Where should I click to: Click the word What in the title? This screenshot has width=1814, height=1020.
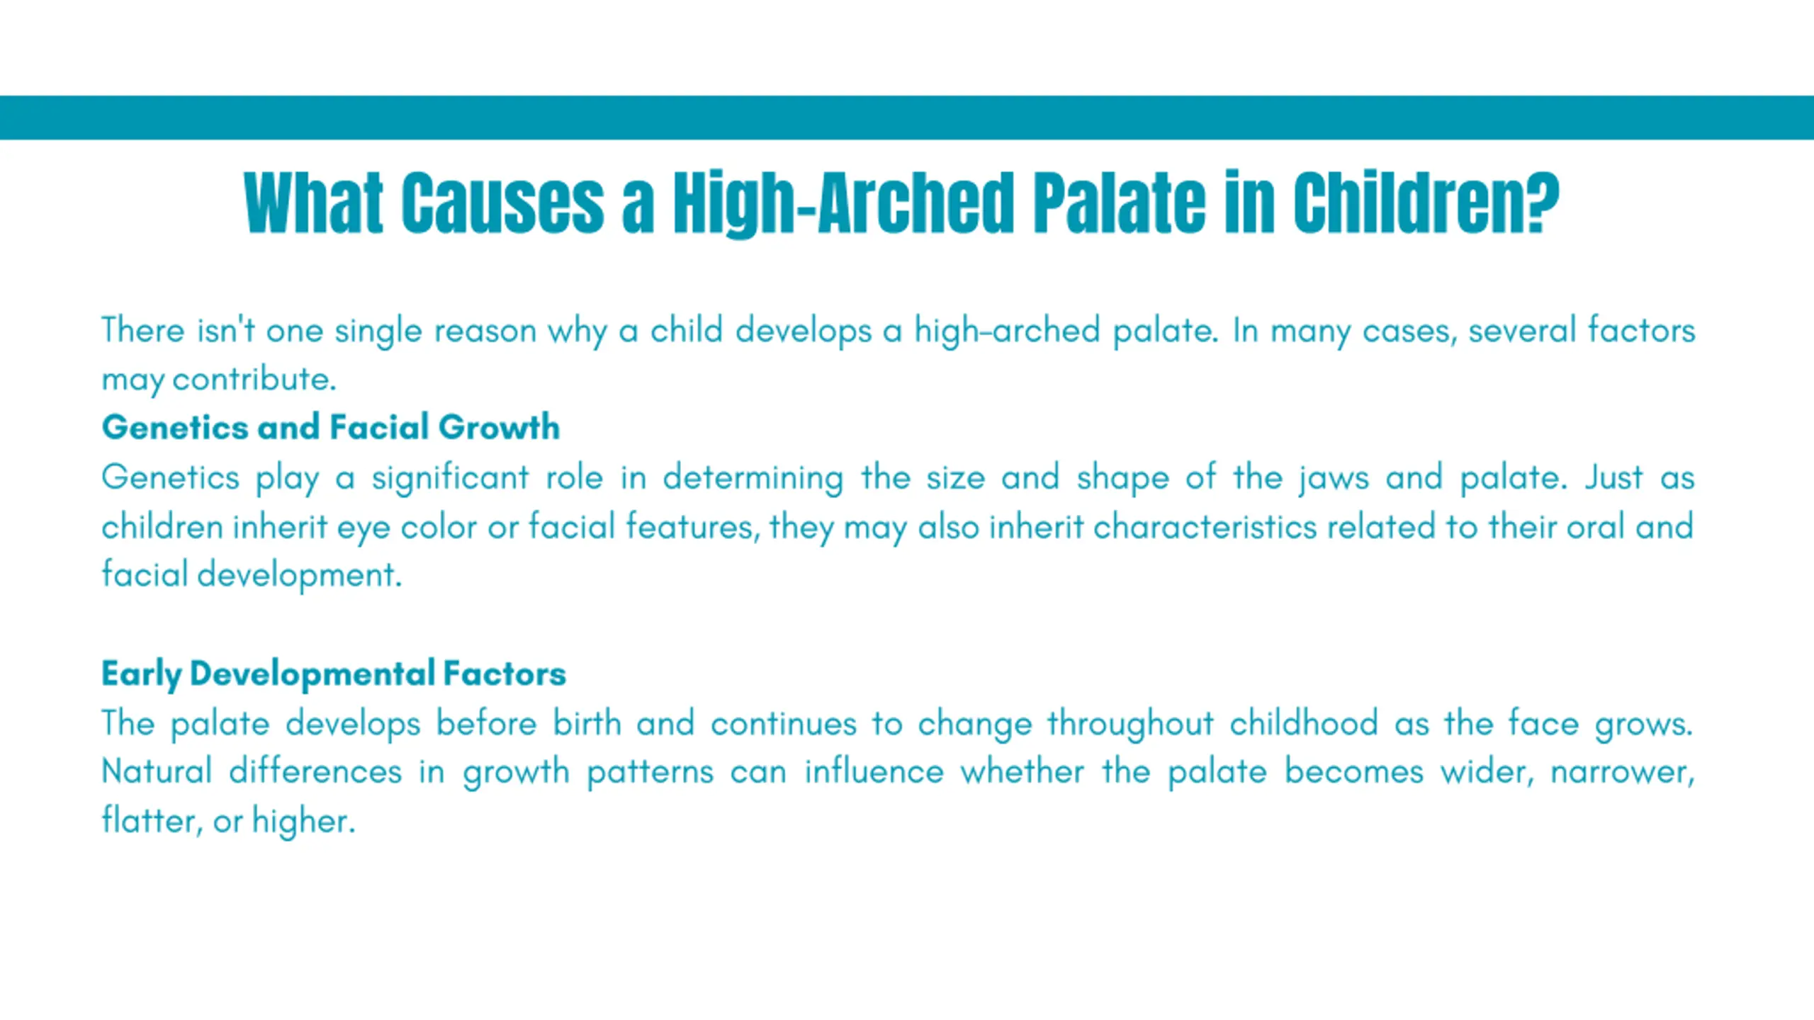pos(313,203)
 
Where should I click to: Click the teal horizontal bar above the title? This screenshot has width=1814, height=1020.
pos(907,118)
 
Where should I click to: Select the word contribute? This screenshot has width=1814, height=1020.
pos(254,380)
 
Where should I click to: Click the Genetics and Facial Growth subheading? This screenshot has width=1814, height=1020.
pos(331,427)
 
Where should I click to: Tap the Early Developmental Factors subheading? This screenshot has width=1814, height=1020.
pos(334,674)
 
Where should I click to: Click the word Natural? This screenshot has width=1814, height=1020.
pos(157,771)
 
